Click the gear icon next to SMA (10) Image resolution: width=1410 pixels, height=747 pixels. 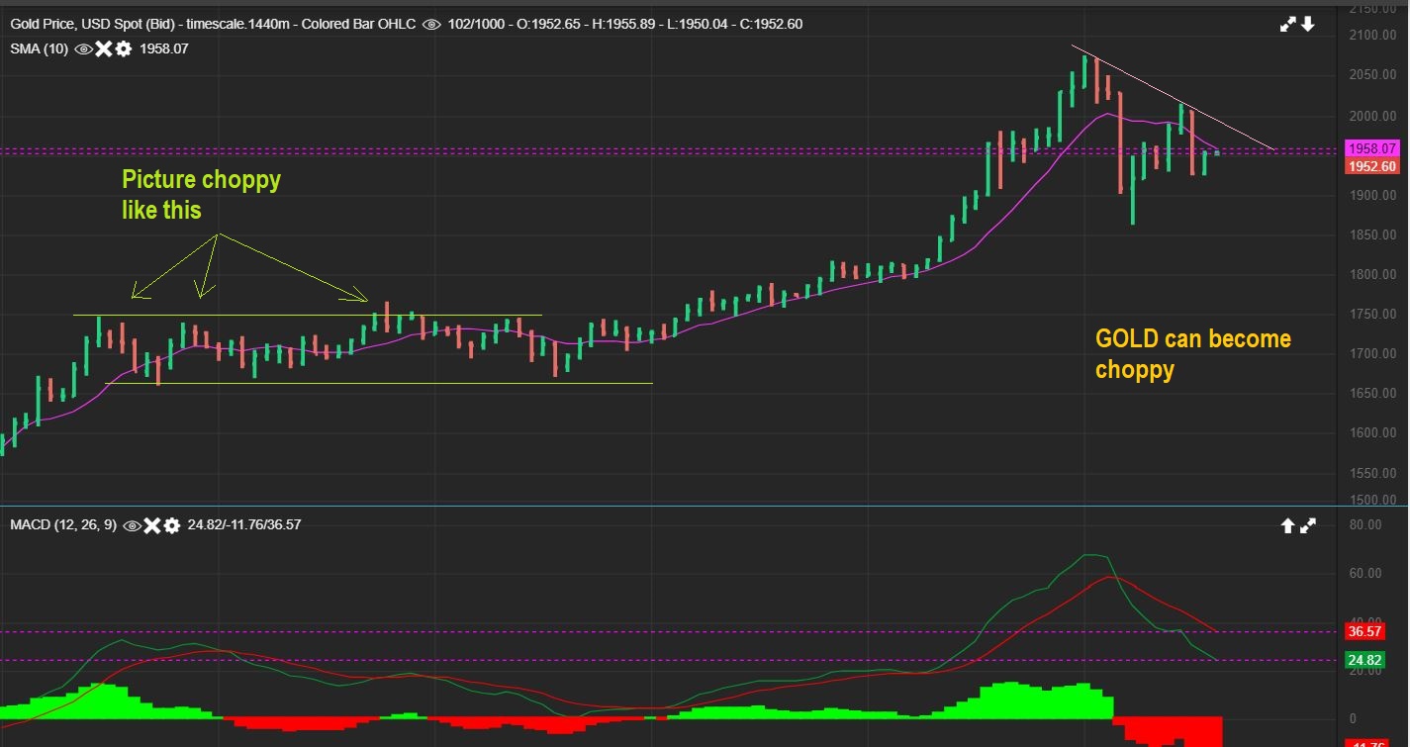click(123, 47)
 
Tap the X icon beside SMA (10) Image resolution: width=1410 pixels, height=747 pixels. click(103, 47)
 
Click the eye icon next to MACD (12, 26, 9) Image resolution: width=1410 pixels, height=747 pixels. click(132, 525)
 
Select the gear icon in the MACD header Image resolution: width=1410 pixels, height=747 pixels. click(172, 525)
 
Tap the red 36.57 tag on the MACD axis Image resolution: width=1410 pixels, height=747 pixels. click(1364, 631)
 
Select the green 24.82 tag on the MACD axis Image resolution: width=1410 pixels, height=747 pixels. click(1364, 660)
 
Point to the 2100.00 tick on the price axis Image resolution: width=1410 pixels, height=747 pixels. click(1370, 36)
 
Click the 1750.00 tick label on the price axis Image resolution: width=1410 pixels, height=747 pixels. click(1370, 315)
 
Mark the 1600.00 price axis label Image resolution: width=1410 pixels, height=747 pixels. click(1370, 433)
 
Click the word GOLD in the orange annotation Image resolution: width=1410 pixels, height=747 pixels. click(1127, 339)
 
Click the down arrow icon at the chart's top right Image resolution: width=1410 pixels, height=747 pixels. click(1308, 24)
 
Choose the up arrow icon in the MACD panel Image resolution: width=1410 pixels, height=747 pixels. click(1287, 526)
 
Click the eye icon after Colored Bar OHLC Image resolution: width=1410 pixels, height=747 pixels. click(431, 24)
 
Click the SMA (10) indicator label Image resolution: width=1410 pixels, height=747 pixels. click(40, 47)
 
